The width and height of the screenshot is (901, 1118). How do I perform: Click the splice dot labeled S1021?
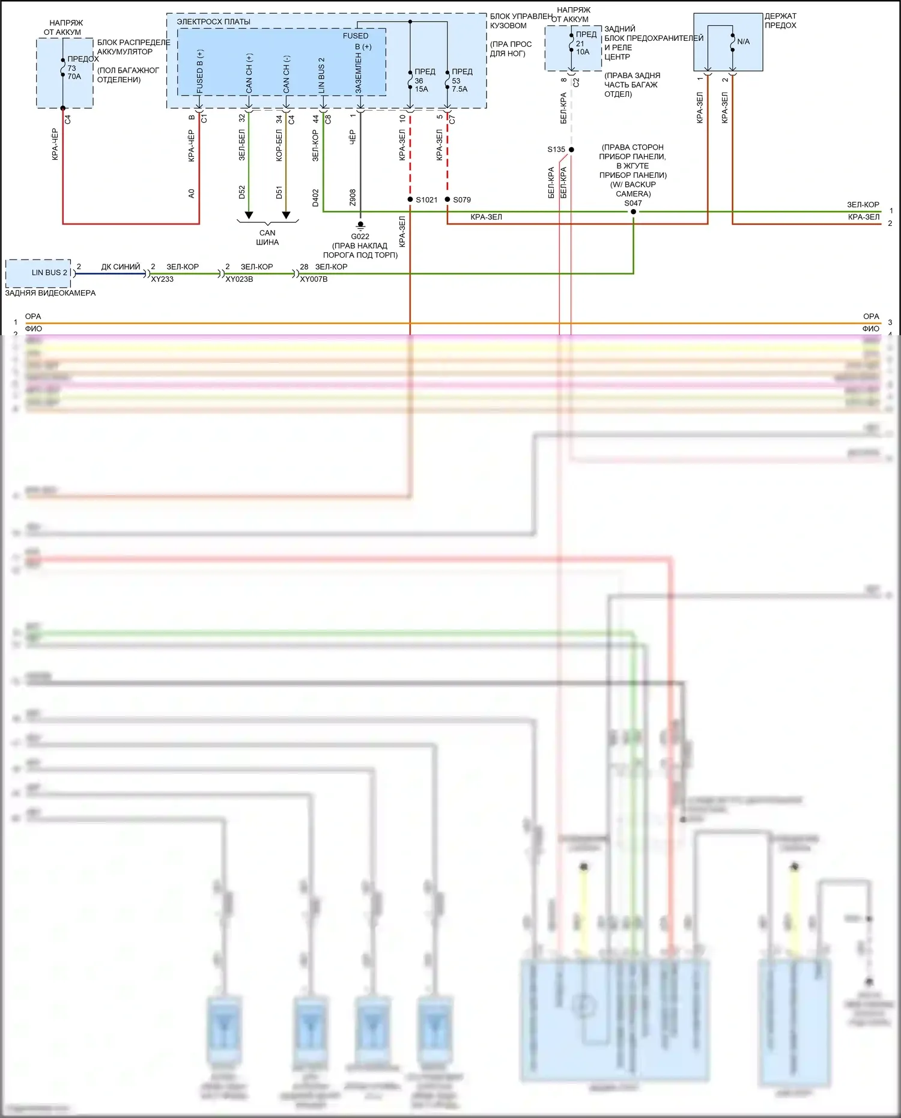pyautogui.click(x=410, y=199)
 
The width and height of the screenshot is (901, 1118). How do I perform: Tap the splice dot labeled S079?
pyautogui.click(x=447, y=199)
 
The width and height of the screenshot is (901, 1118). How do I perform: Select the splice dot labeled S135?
pyautogui.click(x=571, y=150)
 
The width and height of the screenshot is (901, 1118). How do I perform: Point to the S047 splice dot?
pyautogui.click(x=633, y=211)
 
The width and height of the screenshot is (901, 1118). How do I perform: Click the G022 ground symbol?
pyautogui.click(x=360, y=225)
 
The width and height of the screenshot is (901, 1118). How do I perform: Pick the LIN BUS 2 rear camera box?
pyautogui.click(x=38, y=273)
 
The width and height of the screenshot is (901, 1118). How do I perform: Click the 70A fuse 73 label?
pyautogui.click(x=73, y=72)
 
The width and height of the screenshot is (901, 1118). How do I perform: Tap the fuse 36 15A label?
pyautogui.click(x=421, y=85)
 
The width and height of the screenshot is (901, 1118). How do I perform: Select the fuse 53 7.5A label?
pyautogui.click(x=459, y=85)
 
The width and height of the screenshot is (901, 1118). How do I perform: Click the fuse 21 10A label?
pyautogui.click(x=582, y=47)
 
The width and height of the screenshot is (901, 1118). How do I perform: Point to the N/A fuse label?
pyautogui.click(x=743, y=42)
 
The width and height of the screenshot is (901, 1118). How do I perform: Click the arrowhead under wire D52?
pyautogui.click(x=249, y=215)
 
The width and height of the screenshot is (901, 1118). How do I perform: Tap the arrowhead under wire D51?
pyautogui.click(x=286, y=215)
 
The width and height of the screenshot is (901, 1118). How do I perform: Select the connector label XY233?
pyautogui.click(x=162, y=279)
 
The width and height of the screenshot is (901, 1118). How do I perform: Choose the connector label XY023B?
pyautogui.click(x=239, y=279)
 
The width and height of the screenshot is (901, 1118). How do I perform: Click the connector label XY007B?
pyautogui.click(x=314, y=279)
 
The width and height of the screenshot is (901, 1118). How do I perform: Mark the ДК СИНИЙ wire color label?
pyautogui.click(x=120, y=267)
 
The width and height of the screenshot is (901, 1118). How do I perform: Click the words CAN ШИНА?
pyautogui.click(x=267, y=237)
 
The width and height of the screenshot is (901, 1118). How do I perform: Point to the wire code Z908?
pyautogui.click(x=353, y=197)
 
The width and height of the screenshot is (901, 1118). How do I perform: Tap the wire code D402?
pyautogui.click(x=315, y=198)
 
